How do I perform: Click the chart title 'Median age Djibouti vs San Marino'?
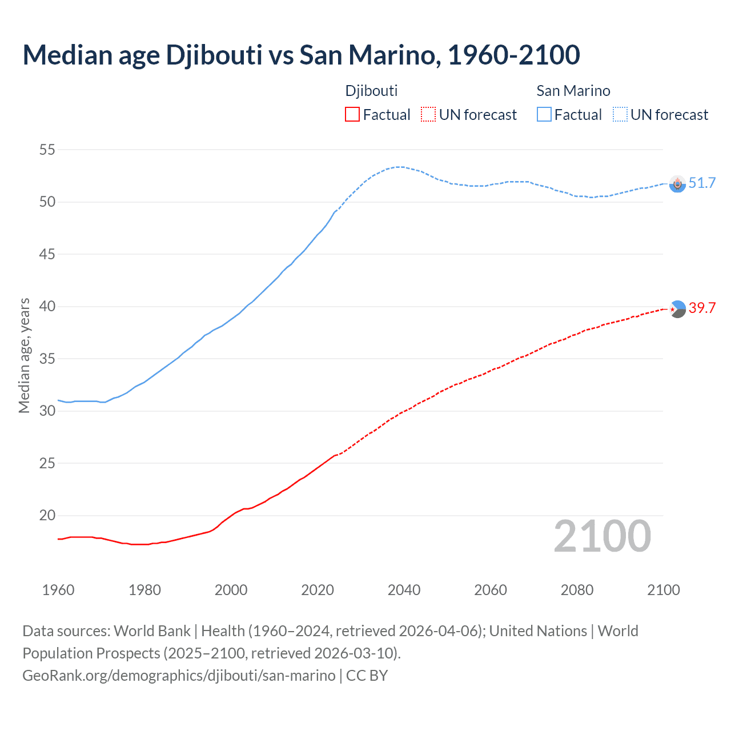[x=301, y=55]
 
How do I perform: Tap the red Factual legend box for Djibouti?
[x=352, y=115]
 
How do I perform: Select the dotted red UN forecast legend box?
[x=428, y=115]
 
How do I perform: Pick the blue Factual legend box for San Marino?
[x=544, y=115]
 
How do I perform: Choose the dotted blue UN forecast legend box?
[x=620, y=115]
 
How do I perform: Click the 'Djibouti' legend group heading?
[x=371, y=91]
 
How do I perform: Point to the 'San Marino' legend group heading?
[x=573, y=91]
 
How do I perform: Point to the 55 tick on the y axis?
[x=47, y=150]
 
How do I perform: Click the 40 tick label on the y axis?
[x=47, y=307]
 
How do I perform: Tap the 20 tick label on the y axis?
[x=47, y=516]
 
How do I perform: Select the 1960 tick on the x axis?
[x=58, y=590]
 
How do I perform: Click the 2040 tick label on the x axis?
[x=404, y=590]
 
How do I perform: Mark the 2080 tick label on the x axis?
[x=577, y=590]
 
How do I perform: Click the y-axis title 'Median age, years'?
[x=24, y=355]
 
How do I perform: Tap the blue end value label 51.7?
[x=702, y=183]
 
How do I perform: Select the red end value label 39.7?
[x=702, y=308]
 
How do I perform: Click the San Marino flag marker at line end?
[x=677, y=184]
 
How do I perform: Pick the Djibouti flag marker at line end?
[x=677, y=309]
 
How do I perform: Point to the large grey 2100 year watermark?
[x=602, y=536]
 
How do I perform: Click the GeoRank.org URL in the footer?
[x=179, y=676]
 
